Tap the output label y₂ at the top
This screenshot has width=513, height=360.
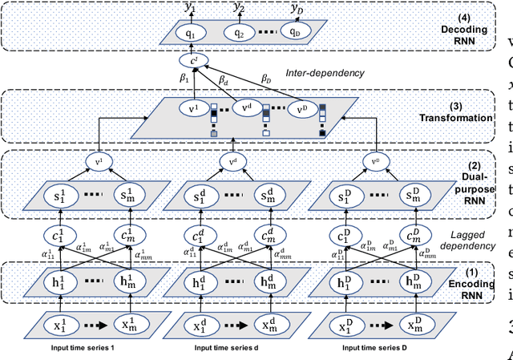point(239,7)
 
